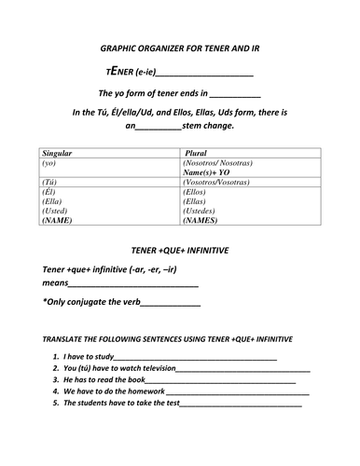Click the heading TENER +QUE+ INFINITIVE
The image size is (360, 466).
tap(180, 251)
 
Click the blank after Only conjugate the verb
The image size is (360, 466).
tap(171, 304)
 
